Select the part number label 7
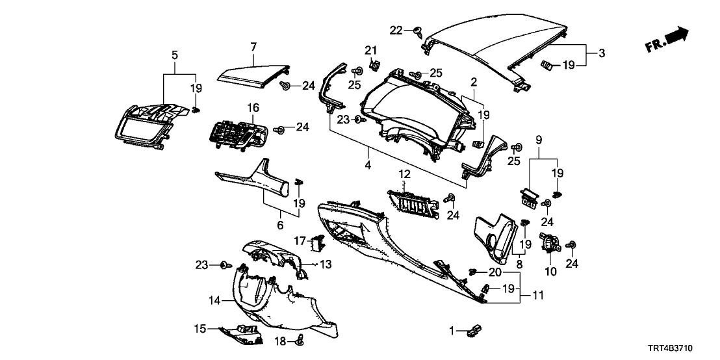(x=253, y=46)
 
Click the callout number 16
(x=253, y=107)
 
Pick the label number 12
(x=404, y=174)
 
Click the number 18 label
(x=281, y=341)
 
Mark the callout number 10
(x=551, y=272)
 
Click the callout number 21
(x=370, y=51)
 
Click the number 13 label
(x=325, y=264)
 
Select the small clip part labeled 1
(x=473, y=331)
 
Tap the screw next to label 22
(x=417, y=30)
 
